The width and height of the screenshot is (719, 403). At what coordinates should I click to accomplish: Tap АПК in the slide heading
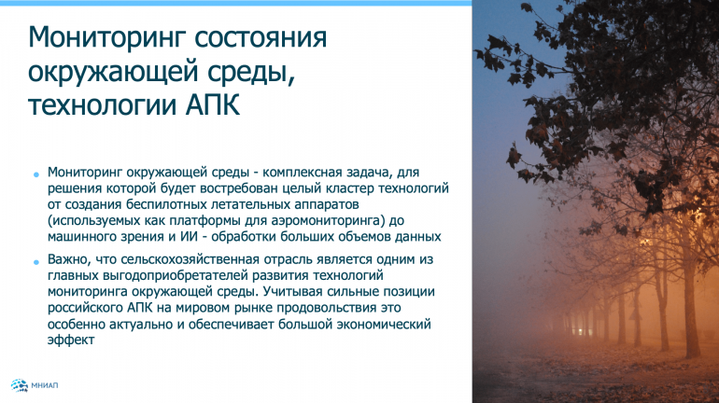coord(212,104)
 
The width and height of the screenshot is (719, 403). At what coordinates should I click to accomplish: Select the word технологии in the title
coord(103,104)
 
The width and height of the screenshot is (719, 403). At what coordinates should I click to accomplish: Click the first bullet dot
coord(36,174)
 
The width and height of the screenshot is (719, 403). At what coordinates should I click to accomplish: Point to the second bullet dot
coord(36,262)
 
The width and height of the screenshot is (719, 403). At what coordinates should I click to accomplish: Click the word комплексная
coord(303,173)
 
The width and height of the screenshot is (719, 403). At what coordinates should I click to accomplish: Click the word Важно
coord(66,259)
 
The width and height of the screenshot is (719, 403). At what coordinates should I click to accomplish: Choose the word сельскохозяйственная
coord(190,259)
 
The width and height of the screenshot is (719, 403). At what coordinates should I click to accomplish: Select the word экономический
coord(384,324)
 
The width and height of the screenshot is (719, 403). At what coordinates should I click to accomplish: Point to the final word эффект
coord(71,340)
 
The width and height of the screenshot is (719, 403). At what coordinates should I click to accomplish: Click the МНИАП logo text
coord(45,385)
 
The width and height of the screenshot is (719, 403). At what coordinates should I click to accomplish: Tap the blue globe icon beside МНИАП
coord(20,385)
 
